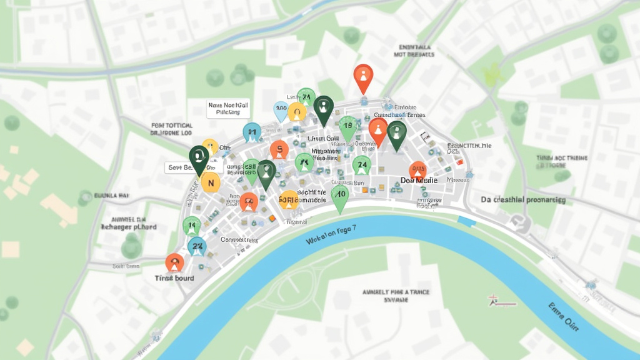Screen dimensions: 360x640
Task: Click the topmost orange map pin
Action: coord(362,77)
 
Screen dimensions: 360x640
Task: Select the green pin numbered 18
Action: coord(348,127)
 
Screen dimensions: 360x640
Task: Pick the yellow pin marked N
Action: coord(211,182)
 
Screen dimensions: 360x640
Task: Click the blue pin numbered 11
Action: coord(252,132)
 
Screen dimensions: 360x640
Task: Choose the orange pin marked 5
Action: coord(279,149)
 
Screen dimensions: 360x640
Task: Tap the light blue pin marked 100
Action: coord(281,110)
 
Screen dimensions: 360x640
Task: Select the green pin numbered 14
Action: coord(191,226)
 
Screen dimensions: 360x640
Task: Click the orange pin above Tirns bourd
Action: coord(174,262)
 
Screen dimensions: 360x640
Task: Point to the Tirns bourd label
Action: coord(174,278)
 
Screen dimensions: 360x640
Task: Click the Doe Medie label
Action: coord(418,181)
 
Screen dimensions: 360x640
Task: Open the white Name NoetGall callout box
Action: coord(228,109)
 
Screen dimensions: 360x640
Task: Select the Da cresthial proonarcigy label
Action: coord(523,200)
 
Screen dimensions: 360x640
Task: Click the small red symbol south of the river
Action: coord(494,301)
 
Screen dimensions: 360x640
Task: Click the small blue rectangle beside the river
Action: coord(466,220)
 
